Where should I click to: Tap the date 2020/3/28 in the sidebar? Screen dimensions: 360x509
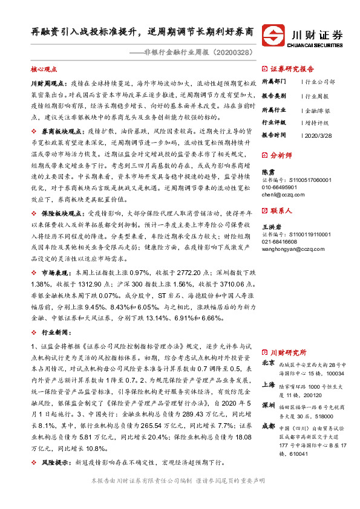(318, 135)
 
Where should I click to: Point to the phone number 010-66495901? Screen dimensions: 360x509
(280, 187)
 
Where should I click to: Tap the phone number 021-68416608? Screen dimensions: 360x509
(280, 240)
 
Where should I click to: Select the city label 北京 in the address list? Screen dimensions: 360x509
(268, 363)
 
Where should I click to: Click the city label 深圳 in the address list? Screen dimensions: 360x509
(268, 404)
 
